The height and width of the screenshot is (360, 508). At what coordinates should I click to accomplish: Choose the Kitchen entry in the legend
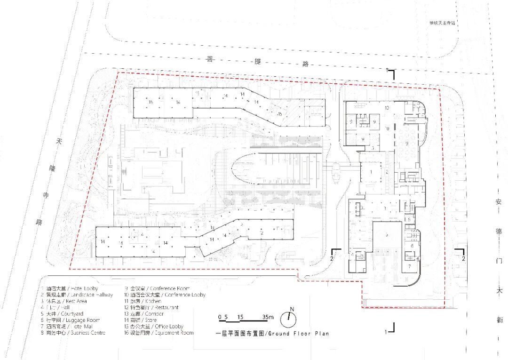(143, 301)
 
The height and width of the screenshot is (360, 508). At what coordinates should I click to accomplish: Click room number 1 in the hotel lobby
(371, 172)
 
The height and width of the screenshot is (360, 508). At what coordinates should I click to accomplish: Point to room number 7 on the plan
(410, 266)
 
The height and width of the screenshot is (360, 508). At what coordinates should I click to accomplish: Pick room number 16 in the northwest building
(151, 102)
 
